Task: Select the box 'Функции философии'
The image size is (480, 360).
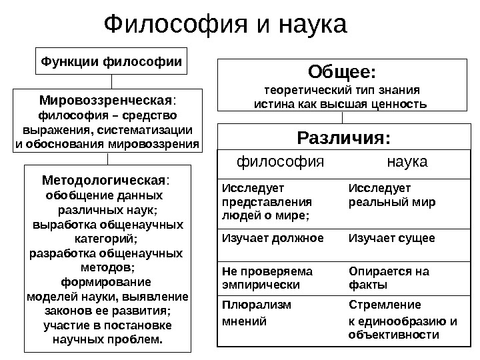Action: click(111, 62)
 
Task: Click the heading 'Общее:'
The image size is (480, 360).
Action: click(341, 71)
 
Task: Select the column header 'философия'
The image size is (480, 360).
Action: click(281, 162)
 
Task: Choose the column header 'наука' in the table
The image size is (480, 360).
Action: click(407, 162)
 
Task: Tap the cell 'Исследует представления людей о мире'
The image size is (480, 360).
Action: click(266, 201)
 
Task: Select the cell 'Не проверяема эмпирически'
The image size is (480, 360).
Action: click(267, 278)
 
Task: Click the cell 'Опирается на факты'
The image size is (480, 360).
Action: click(389, 278)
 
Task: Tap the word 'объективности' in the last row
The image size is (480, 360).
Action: click(394, 335)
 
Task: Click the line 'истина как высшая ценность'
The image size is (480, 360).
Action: click(341, 105)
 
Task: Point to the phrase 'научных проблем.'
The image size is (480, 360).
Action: click(107, 339)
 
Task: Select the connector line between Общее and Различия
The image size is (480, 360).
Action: click(343, 117)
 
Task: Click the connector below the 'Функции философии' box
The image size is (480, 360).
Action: click(111, 81)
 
